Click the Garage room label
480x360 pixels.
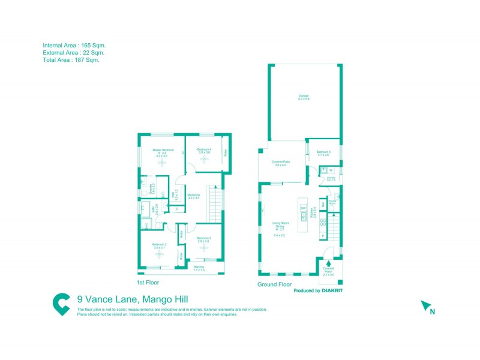(x=304, y=97)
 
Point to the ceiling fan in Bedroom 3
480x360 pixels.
(x=203, y=247)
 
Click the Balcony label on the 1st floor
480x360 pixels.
(x=199, y=268)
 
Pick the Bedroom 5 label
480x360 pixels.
(x=324, y=153)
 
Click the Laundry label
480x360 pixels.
(x=331, y=178)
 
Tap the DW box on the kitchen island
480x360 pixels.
(x=303, y=208)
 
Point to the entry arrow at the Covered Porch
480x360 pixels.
(x=328, y=263)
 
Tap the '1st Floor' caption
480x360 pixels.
(x=147, y=282)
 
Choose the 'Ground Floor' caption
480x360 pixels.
(x=274, y=284)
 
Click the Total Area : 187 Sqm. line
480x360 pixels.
(x=71, y=60)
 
